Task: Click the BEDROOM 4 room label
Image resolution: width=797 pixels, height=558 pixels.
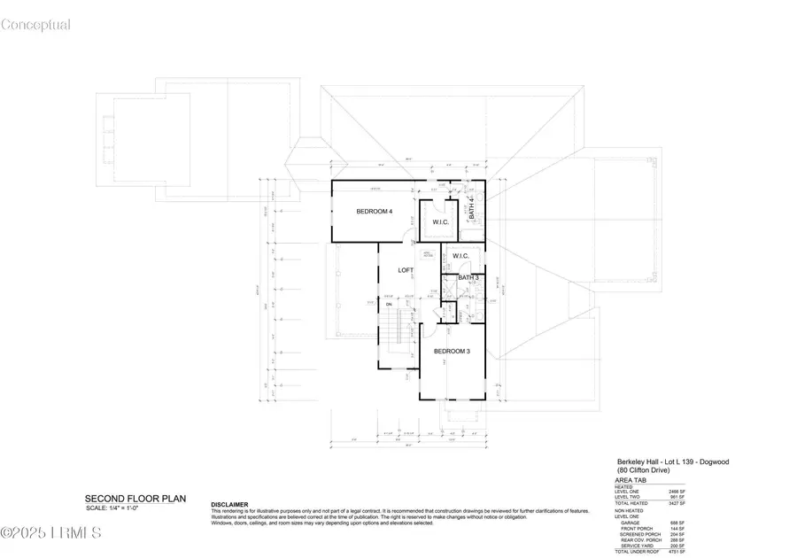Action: coord(374,211)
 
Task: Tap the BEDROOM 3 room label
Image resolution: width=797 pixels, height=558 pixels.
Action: coord(452,352)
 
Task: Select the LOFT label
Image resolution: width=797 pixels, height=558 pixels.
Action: coord(406,270)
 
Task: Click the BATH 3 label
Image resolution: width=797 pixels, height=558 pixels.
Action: coord(468,277)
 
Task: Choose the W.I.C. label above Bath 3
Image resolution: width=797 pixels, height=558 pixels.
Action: coord(460,257)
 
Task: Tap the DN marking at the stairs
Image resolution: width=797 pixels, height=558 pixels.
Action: coord(388,305)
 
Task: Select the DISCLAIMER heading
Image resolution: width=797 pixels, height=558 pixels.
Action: coord(229,504)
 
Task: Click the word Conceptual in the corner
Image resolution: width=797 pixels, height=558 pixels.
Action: coord(35,25)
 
